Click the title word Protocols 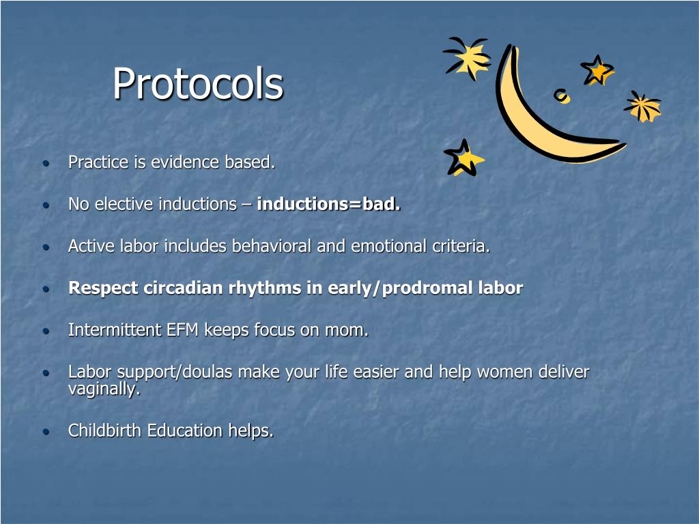(197, 85)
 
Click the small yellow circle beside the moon (561, 96)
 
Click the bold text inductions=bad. (328, 204)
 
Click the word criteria (461, 246)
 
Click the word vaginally (104, 390)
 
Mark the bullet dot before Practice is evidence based (46, 164)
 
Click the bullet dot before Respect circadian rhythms (46, 289)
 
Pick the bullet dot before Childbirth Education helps (46, 432)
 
